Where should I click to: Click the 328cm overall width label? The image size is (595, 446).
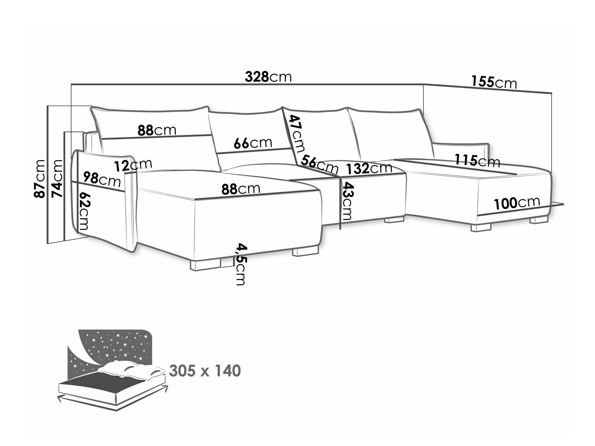[x=268, y=77]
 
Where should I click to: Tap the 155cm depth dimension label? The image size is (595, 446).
[x=494, y=82]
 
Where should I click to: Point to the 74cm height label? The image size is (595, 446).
[x=57, y=179]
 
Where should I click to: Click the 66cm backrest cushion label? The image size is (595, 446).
[x=253, y=143]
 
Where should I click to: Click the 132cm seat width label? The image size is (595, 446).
[x=369, y=168]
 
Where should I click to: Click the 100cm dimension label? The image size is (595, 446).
[x=516, y=203]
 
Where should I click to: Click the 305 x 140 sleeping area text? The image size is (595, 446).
[x=205, y=371]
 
